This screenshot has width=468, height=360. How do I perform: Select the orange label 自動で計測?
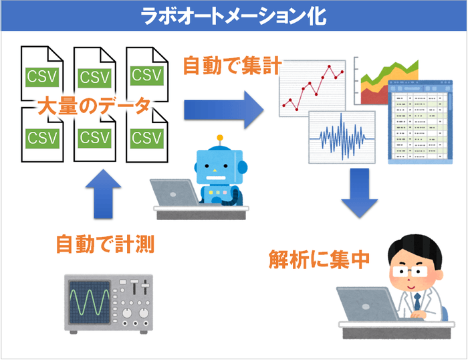105,244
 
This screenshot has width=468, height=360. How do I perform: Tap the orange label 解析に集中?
320,258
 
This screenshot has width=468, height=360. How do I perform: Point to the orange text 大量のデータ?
94,107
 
